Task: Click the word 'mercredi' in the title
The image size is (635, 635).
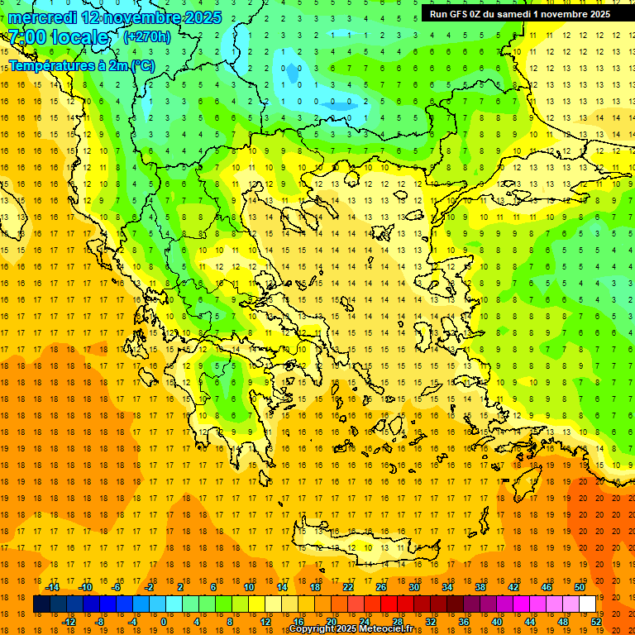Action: pos(43,17)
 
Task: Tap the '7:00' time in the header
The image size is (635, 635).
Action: pos(26,37)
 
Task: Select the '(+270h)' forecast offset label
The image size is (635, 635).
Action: pos(146,36)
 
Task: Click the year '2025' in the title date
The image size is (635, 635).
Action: pos(202,17)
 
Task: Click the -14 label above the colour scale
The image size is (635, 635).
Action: pos(52,587)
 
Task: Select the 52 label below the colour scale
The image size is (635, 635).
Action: pos(596,622)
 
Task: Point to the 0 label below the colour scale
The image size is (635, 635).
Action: pos(164,622)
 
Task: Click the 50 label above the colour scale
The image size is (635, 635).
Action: pos(580,587)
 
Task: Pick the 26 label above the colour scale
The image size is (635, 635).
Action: pos(381,587)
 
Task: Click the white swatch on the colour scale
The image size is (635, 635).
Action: pos(587,604)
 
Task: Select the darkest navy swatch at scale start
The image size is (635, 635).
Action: pos(42,604)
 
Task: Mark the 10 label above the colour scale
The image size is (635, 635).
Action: pos(249,587)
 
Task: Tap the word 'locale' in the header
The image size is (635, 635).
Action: pos(80,37)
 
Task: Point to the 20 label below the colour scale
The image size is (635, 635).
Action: pos(332,622)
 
